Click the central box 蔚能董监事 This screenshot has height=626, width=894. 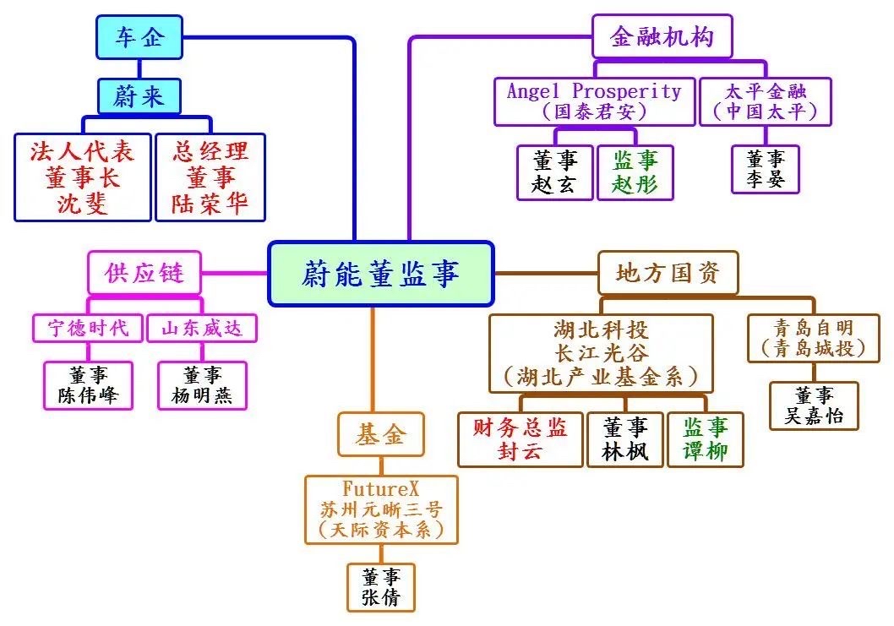[x=380, y=274]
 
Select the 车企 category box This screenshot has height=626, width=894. [x=139, y=37]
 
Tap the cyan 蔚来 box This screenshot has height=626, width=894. [x=139, y=96]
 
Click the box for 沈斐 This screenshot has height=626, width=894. [x=82, y=177]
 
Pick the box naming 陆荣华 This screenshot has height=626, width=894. [x=210, y=177]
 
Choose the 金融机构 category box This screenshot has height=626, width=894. [x=662, y=36]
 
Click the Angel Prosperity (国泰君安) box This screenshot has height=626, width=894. [x=594, y=101]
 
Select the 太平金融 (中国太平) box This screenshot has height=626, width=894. [x=766, y=101]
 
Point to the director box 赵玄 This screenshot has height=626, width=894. [x=554, y=172]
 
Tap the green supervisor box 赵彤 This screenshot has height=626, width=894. [x=635, y=172]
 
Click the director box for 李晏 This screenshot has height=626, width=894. [x=766, y=169]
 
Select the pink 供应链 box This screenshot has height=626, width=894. [x=144, y=272]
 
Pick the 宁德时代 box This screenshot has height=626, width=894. [x=88, y=328]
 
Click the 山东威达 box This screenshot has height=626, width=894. [x=201, y=328]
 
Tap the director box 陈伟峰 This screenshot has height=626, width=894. [x=88, y=385]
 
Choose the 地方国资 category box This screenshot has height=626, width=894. [x=668, y=272]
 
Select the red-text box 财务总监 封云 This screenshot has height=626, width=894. [x=520, y=439]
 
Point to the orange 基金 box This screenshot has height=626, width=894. [x=380, y=434]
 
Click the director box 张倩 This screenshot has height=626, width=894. [x=381, y=587]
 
